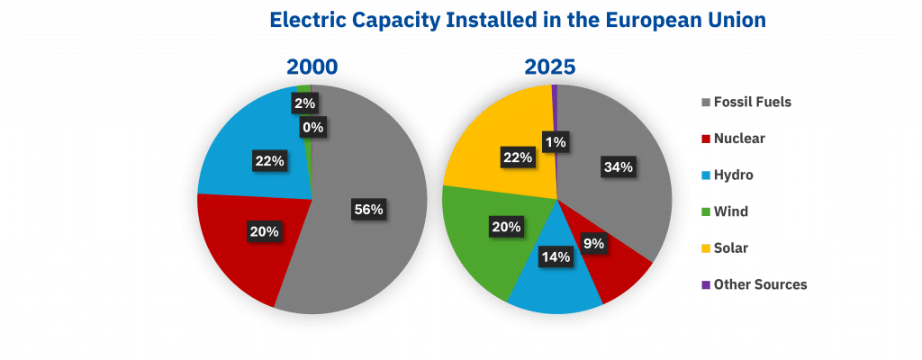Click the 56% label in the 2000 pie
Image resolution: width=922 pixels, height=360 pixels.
point(368,209)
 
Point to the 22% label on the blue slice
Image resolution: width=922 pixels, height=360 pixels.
point(269,161)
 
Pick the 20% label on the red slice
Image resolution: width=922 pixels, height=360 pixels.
point(264,231)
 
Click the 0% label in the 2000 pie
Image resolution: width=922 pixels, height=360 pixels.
point(313,128)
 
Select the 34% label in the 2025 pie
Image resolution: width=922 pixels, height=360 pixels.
point(619,166)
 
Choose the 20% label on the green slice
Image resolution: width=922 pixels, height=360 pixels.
point(506,227)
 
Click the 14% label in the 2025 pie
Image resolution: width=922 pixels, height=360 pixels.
point(556,257)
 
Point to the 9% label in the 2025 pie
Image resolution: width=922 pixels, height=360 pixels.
point(594,242)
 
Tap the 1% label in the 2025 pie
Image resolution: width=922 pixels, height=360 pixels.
point(555,140)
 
